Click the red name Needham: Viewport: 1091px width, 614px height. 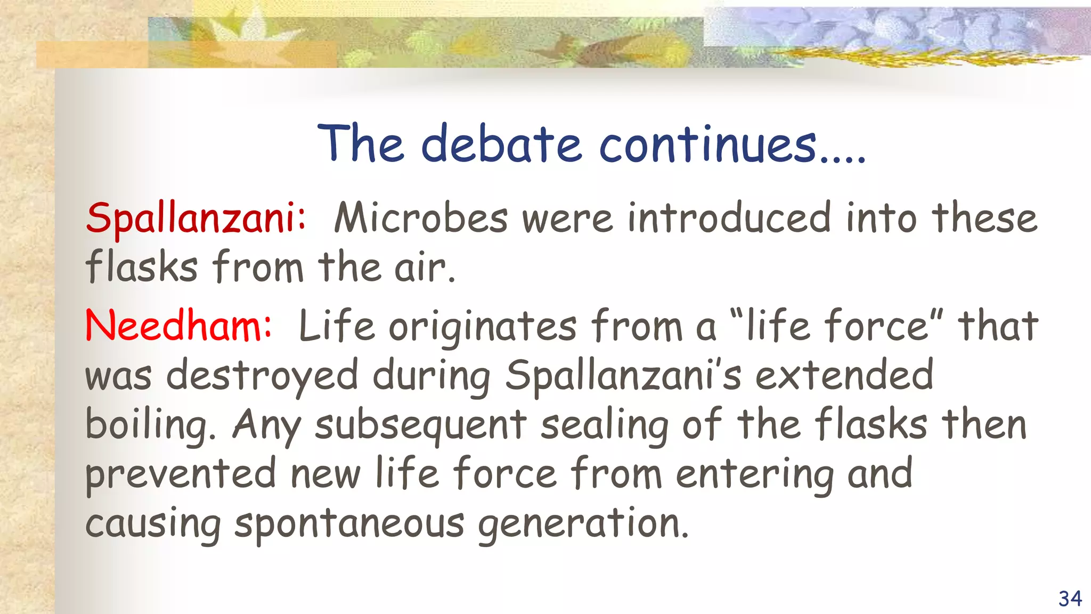pyautogui.click(x=178, y=326)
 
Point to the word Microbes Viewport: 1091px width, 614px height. pyautogui.click(x=421, y=219)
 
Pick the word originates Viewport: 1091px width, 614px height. pyautogui.click(x=483, y=326)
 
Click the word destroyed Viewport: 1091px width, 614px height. pyautogui.click(x=262, y=375)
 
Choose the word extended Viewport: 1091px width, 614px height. pyautogui.click(x=844, y=375)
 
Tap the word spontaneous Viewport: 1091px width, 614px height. pyautogui.click(x=349, y=524)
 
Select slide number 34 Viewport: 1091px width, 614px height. pyautogui.click(x=1070, y=599)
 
